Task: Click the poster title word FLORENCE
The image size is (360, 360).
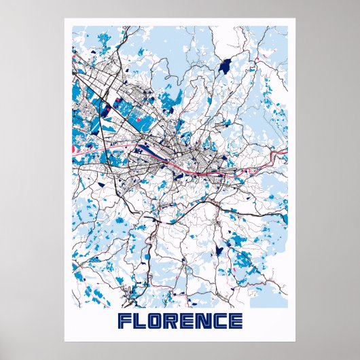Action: coord(180,321)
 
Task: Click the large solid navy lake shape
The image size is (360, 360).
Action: coord(226,66)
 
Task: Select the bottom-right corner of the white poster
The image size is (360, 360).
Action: coord(295,341)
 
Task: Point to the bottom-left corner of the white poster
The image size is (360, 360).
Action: coord(65,341)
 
